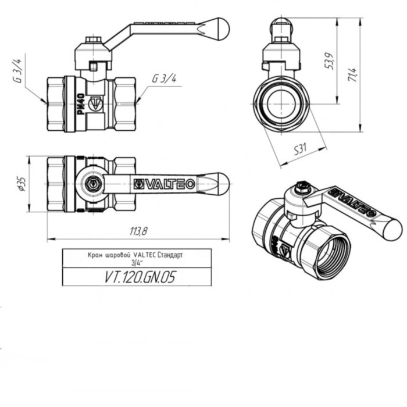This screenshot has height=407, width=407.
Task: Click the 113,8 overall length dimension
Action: click(138, 231)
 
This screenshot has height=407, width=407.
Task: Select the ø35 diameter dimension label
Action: click(22, 183)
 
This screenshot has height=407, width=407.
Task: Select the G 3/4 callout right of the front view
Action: click(164, 79)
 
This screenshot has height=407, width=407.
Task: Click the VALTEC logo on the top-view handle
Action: click(165, 184)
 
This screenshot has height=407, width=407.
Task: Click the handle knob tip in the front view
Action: click(219, 27)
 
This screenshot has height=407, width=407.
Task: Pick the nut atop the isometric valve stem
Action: click(301, 188)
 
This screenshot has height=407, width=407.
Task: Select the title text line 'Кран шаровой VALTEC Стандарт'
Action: click(138, 255)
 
